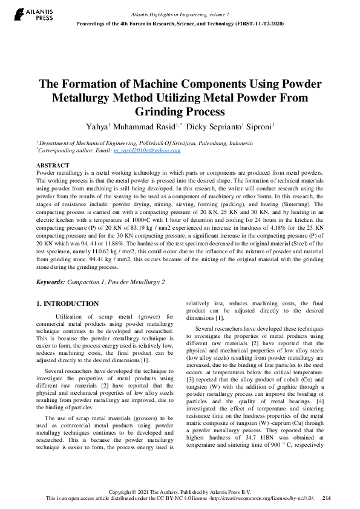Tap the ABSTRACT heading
tap(53, 165)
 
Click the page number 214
tap(327, 498)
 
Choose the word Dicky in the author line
tap(197, 127)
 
